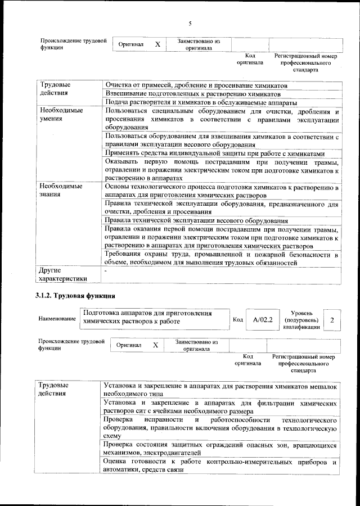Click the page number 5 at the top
190,23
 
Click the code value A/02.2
263,320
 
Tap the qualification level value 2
332,320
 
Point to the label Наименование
57,319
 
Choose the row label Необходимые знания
59,191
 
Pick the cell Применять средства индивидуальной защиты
215,153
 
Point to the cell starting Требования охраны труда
222,259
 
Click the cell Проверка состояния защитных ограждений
222,449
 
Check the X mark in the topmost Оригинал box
157,44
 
